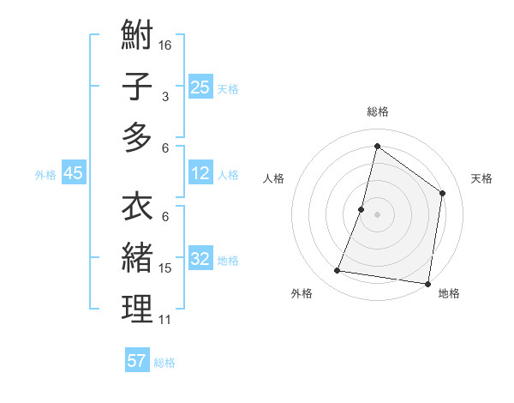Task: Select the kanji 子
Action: tap(137, 87)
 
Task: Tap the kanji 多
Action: tap(137, 137)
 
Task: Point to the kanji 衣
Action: tap(137, 208)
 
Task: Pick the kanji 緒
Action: tap(137, 258)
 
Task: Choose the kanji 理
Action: tap(137, 308)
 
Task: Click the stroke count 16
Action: tap(166, 45)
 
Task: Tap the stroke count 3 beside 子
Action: tap(165, 97)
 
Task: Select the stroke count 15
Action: tap(165, 268)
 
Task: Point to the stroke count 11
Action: tap(165, 320)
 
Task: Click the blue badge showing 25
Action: tap(200, 87)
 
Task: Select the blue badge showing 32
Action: tap(200, 259)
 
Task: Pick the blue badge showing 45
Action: tap(73, 174)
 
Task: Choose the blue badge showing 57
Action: tap(137, 361)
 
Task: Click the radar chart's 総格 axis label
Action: tap(377, 111)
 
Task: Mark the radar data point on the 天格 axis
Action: tap(443, 193)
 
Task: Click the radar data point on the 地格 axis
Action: tap(427, 283)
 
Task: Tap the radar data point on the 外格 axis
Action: tap(338, 271)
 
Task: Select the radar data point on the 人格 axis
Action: tap(362, 209)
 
